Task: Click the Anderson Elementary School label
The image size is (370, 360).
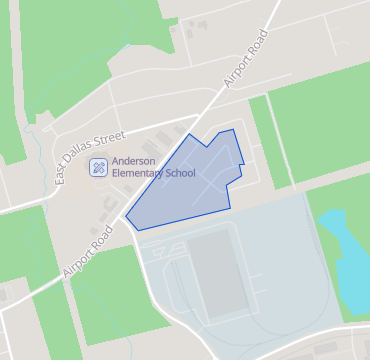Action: coord(153,166)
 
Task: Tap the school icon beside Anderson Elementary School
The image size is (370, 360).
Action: coord(98,166)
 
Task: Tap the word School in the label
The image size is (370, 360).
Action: coord(181,173)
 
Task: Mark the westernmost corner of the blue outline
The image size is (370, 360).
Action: coord(125,216)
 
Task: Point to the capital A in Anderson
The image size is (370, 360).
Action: coord(115,160)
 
